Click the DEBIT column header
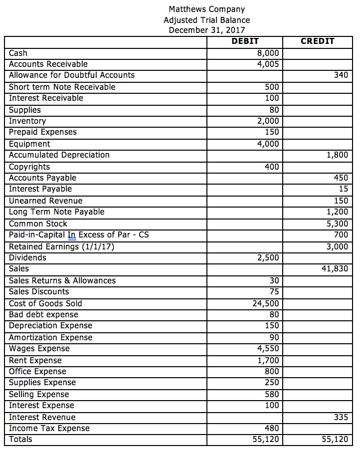tap(245, 41)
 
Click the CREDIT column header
tap(317, 41)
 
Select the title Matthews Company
tap(207, 9)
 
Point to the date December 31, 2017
tap(207, 30)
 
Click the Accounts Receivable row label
tap(48, 64)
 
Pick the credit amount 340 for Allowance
tap(341, 75)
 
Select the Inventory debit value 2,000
tap(268, 121)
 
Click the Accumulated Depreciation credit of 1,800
tap(337, 155)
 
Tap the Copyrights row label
tap(29, 167)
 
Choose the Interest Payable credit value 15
tap(343, 189)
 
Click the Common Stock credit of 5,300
tap(337, 224)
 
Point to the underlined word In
tap(72, 235)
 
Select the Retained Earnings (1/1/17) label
tap(62, 246)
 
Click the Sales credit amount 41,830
tap(335, 269)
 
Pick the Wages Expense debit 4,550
tap(268, 349)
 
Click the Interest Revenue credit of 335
tap(341, 418)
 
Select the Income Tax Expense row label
tap(49, 429)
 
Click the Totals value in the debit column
tap(266, 440)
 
